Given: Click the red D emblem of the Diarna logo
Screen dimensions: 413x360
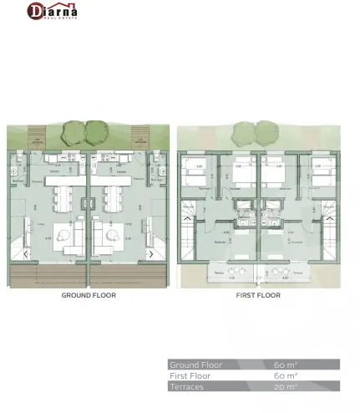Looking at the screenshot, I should (35, 12).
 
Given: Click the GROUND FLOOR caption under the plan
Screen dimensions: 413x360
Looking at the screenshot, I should (89, 295).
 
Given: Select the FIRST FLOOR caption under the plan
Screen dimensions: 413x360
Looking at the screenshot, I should (257, 295).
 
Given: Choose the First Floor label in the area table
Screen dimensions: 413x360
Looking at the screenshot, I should (191, 376).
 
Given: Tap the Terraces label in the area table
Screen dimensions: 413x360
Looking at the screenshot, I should (186, 387).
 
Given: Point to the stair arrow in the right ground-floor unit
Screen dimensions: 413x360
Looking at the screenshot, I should (150, 254).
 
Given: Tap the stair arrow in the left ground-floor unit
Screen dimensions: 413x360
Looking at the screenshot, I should (27, 254).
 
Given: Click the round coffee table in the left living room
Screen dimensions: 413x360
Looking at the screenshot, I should (63, 235).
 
